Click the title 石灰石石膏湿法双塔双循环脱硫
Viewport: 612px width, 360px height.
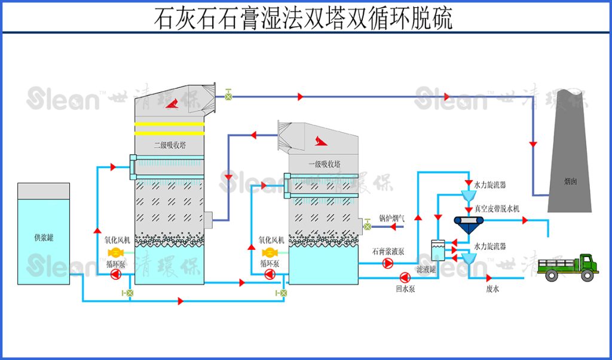pos(303,18)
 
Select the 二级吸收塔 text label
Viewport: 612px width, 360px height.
pos(169,144)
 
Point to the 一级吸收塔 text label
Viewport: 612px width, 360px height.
pos(323,163)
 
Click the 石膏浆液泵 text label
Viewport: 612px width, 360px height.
pos(387,251)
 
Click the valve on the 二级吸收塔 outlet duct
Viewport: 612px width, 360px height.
pos(228,94)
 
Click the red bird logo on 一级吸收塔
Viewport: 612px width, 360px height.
pos(318,141)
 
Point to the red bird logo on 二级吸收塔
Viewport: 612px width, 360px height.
pos(173,103)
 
